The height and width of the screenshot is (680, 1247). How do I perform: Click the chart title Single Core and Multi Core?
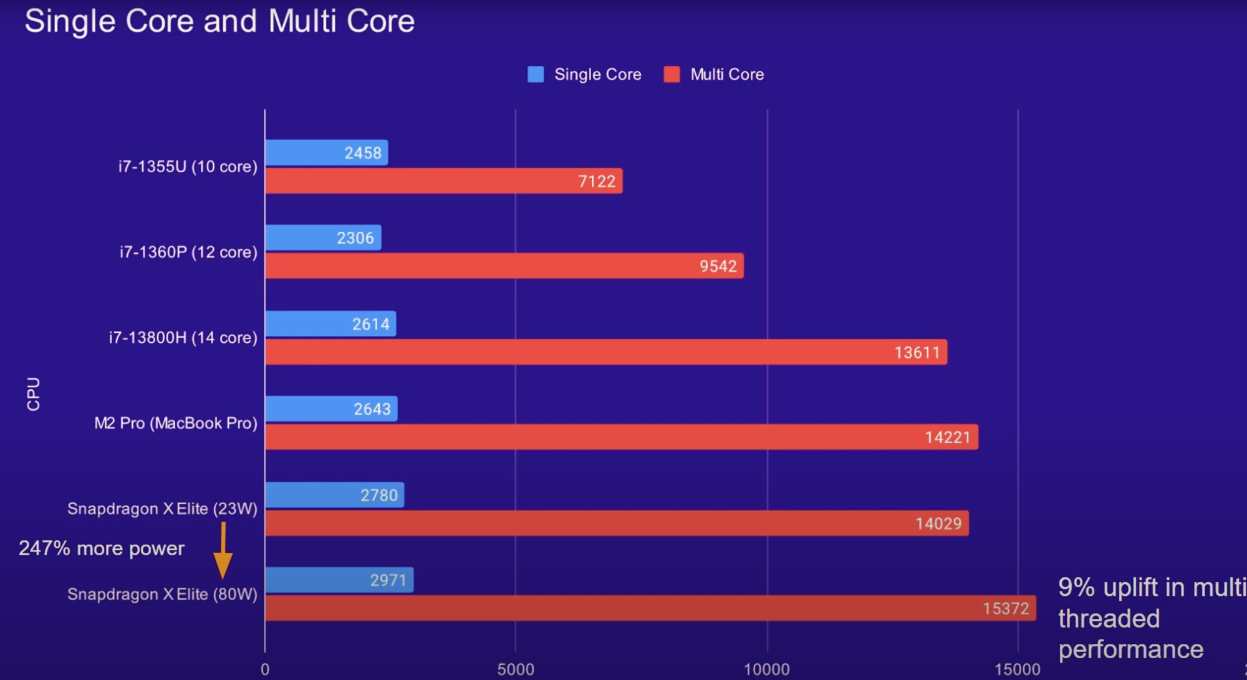pyautogui.click(x=219, y=21)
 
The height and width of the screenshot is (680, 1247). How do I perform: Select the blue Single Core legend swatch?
pyautogui.click(x=536, y=75)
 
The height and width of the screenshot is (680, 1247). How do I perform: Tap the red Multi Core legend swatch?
pyautogui.click(x=672, y=75)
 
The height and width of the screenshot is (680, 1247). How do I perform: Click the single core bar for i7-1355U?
pyautogui.click(x=326, y=153)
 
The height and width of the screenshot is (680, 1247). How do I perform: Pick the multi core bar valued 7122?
pyautogui.click(x=443, y=181)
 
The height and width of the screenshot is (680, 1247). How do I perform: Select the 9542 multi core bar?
pyautogui.click(x=504, y=266)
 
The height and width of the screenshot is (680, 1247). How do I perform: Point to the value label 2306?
pyautogui.click(x=355, y=238)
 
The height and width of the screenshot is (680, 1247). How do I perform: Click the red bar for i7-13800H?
pyautogui.click(x=605, y=352)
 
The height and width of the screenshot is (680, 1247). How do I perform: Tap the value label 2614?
pyautogui.click(x=371, y=324)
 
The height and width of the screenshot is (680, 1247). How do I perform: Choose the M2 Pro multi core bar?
pyautogui.click(x=621, y=437)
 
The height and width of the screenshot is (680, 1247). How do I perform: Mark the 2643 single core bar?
pyautogui.click(x=331, y=409)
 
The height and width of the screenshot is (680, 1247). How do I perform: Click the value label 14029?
pyautogui.click(x=938, y=524)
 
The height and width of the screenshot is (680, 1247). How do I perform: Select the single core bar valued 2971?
pyautogui.click(x=339, y=580)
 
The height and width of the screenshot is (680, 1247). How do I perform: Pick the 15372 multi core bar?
pyautogui.click(x=650, y=608)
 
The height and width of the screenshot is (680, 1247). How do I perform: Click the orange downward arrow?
pyautogui.click(x=223, y=551)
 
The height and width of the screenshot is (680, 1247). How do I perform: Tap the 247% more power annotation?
pyautogui.click(x=102, y=548)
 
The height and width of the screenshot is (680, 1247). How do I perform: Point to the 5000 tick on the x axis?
pyautogui.click(x=516, y=669)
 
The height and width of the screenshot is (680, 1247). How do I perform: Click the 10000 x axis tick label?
pyautogui.click(x=767, y=669)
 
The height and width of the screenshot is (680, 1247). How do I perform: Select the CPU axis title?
pyautogui.click(x=33, y=394)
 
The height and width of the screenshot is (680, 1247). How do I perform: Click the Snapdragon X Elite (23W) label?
pyautogui.click(x=162, y=509)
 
